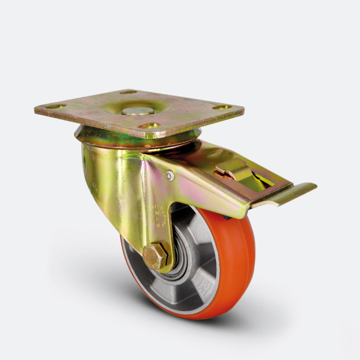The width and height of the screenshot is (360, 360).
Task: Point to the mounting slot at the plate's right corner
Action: click(222, 107)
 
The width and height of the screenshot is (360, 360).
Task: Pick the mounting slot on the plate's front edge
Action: click(149, 126)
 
